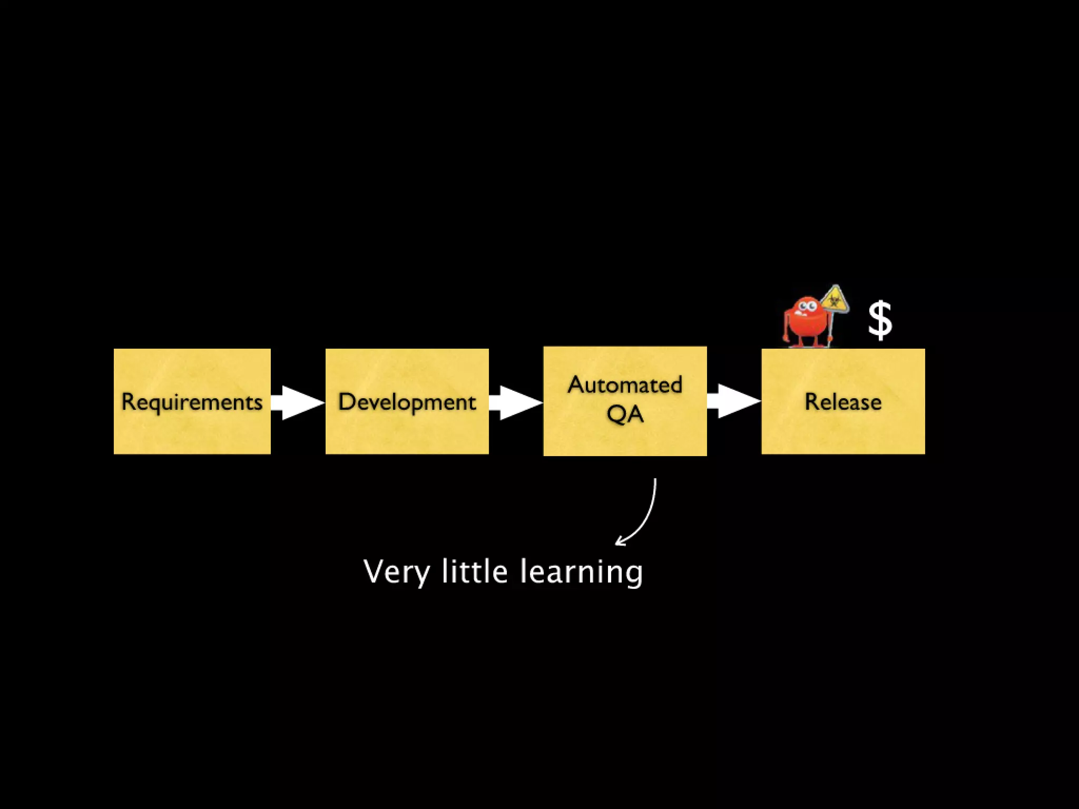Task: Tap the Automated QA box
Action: point(625,437)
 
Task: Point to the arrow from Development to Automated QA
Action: point(516,402)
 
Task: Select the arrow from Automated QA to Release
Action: point(734,401)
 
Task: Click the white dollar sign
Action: point(880,320)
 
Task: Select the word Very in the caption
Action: point(396,572)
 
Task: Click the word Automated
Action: point(625,385)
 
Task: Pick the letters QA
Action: point(625,414)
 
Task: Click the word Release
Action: point(843,402)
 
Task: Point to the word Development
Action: point(407,402)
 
